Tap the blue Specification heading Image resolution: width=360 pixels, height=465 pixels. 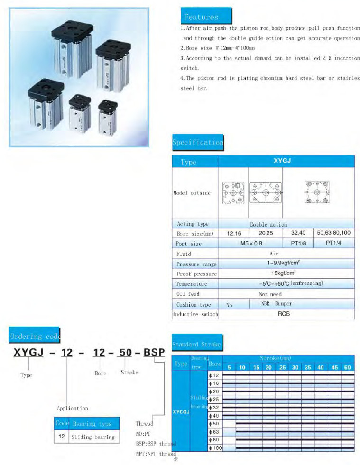click(198, 142)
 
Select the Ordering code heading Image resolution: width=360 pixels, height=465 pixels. click(34, 336)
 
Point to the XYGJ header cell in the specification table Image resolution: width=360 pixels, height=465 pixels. click(282, 161)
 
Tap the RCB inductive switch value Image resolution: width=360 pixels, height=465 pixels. click(284, 314)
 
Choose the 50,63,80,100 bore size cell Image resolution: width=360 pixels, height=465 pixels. click(332, 234)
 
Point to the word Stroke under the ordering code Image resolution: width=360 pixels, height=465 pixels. click(129, 373)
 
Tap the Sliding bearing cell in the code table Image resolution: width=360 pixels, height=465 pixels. click(93, 437)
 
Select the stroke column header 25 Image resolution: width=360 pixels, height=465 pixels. click(282, 367)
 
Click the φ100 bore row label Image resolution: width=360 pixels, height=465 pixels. click(215, 447)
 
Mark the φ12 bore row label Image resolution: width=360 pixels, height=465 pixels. click(214, 375)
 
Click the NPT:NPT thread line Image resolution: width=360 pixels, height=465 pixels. click(156, 454)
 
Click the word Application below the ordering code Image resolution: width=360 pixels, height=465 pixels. click(73, 408)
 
